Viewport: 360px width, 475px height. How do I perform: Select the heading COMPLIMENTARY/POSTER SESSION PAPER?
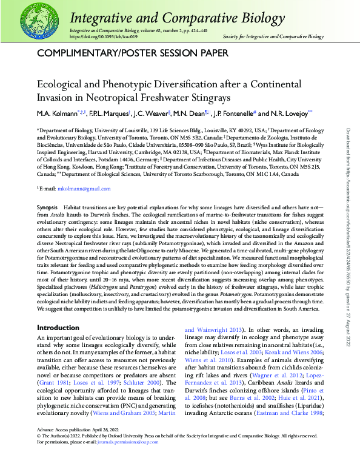(133, 53)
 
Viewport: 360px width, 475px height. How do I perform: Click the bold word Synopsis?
(48, 207)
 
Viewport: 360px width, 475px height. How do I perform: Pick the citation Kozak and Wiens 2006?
(292, 352)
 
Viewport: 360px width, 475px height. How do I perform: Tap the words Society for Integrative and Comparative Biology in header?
(273, 36)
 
